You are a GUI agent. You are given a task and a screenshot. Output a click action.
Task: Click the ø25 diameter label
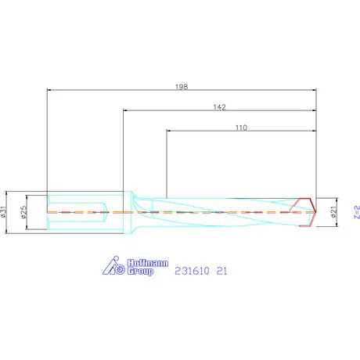pos(24,211)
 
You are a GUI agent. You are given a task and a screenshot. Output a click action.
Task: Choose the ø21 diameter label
pos(334,212)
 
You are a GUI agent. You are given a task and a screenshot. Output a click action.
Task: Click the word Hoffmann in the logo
pos(142,262)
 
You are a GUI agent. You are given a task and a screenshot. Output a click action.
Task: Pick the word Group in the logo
pos(139,272)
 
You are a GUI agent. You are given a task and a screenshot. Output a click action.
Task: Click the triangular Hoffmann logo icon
pos(113,266)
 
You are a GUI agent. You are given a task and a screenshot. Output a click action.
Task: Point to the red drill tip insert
pos(306,212)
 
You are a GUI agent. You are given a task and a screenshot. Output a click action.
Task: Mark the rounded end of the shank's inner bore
pos(105,212)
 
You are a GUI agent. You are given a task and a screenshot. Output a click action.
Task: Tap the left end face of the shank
pos(47,212)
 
